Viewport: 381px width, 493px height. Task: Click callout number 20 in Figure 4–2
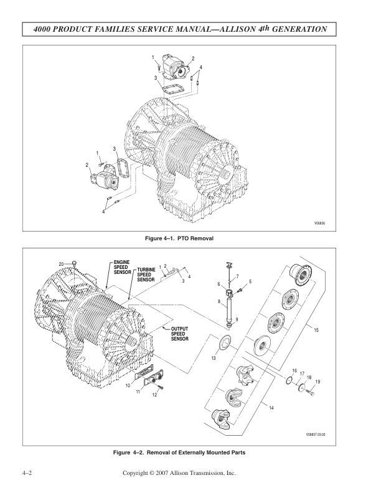coord(62,264)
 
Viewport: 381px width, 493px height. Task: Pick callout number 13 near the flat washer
coord(213,358)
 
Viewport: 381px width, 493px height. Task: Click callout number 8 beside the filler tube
coord(219,301)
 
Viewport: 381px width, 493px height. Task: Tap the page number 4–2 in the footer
coord(27,474)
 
